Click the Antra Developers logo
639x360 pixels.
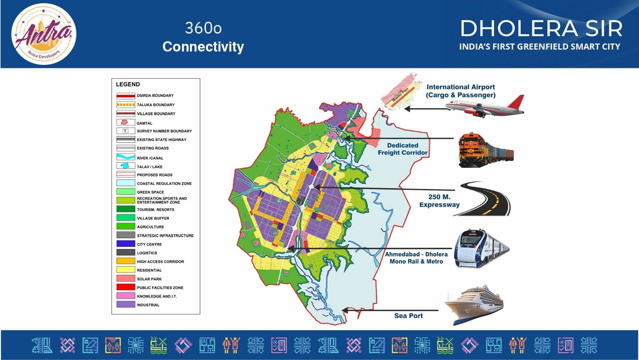(x=44, y=34)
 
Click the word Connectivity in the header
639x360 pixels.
(x=203, y=47)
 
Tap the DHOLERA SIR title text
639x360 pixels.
(x=541, y=28)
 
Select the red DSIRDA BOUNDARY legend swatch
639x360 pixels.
(x=126, y=95)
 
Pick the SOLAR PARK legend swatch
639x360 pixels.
(x=126, y=278)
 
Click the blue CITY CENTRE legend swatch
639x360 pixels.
(x=126, y=244)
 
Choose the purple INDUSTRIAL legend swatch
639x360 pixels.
(x=126, y=304)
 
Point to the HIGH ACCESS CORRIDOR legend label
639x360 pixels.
(x=160, y=261)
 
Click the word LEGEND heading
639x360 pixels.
(x=128, y=84)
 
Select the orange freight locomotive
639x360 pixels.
(x=486, y=150)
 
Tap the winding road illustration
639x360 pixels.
(x=482, y=199)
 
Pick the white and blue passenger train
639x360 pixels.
(x=482, y=248)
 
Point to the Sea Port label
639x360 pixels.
(x=409, y=316)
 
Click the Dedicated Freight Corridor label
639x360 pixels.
(x=403, y=149)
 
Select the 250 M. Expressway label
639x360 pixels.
(x=439, y=201)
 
